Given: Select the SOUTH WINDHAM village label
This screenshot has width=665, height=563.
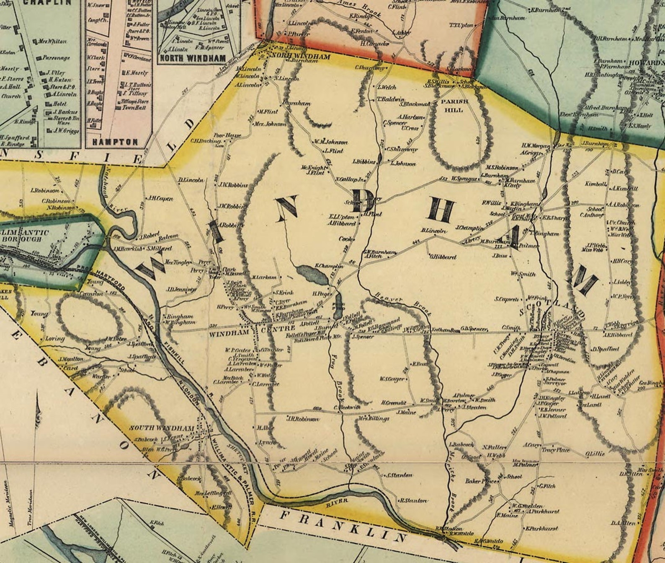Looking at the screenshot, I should (x=161, y=428).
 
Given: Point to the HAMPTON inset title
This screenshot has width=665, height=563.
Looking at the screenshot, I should (x=115, y=142).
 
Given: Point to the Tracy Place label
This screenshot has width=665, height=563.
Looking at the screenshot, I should (x=556, y=450).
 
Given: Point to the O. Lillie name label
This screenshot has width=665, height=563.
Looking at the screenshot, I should (x=595, y=454).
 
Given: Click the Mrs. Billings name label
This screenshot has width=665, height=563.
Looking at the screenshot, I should (x=374, y=418).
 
